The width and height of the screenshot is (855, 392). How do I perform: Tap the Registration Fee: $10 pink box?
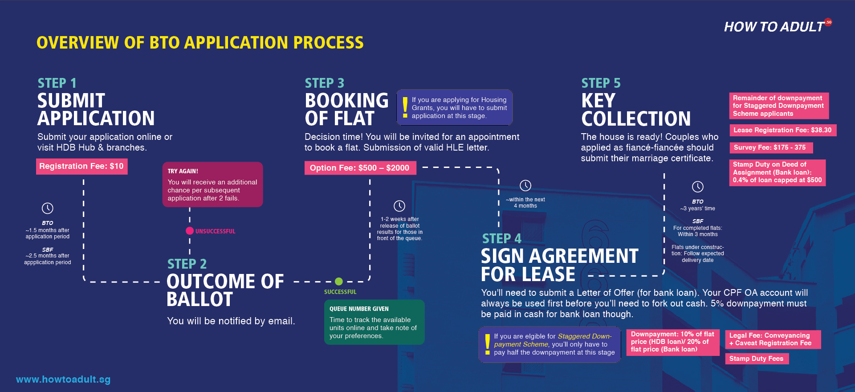pyautogui.click(x=81, y=166)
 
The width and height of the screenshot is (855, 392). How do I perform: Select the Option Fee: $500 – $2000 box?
pyautogui.click(x=360, y=168)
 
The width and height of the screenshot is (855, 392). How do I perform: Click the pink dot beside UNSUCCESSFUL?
pyautogui.click(x=190, y=231)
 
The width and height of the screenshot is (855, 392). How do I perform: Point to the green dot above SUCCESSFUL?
pyautogui.click(x=339, y=282)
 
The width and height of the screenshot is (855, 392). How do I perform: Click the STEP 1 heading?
pyautogui.click(x=57, y=83)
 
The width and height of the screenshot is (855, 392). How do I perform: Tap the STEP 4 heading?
pyautogui.click(x=501, y=239)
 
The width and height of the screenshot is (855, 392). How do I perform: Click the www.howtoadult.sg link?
pyautogui.click(x=63, y=380)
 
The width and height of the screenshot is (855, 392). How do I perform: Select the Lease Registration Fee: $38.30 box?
pyautogui.click(x=782, y=130)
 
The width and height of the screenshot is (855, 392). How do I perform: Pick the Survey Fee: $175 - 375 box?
pyautogui.click(x=770, y=147)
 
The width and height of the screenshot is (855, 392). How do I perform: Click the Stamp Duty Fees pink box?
pyautogui.click(x=756, y=359)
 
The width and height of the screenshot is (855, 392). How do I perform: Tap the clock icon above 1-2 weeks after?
pyautogui.click(x=399, y=206)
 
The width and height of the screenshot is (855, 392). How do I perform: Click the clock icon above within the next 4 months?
pyautogui.click(x=525, y=185)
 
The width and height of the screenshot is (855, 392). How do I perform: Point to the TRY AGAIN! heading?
pyautogui.click(x=183, y=171)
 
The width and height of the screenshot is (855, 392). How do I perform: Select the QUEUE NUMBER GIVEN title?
pyautogui.click(x=359, y=309)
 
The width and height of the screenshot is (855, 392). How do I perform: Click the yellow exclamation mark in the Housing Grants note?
pyautogui.click(x=405, y=107)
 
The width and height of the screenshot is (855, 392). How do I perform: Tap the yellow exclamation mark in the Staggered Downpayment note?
pyautogui.click(x=488, y=344)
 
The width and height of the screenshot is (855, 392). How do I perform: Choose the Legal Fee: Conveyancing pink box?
pyautogui.click(x=772, y=339)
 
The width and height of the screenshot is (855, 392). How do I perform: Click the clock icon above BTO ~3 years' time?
pyautogui.click(x=698, y=187)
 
